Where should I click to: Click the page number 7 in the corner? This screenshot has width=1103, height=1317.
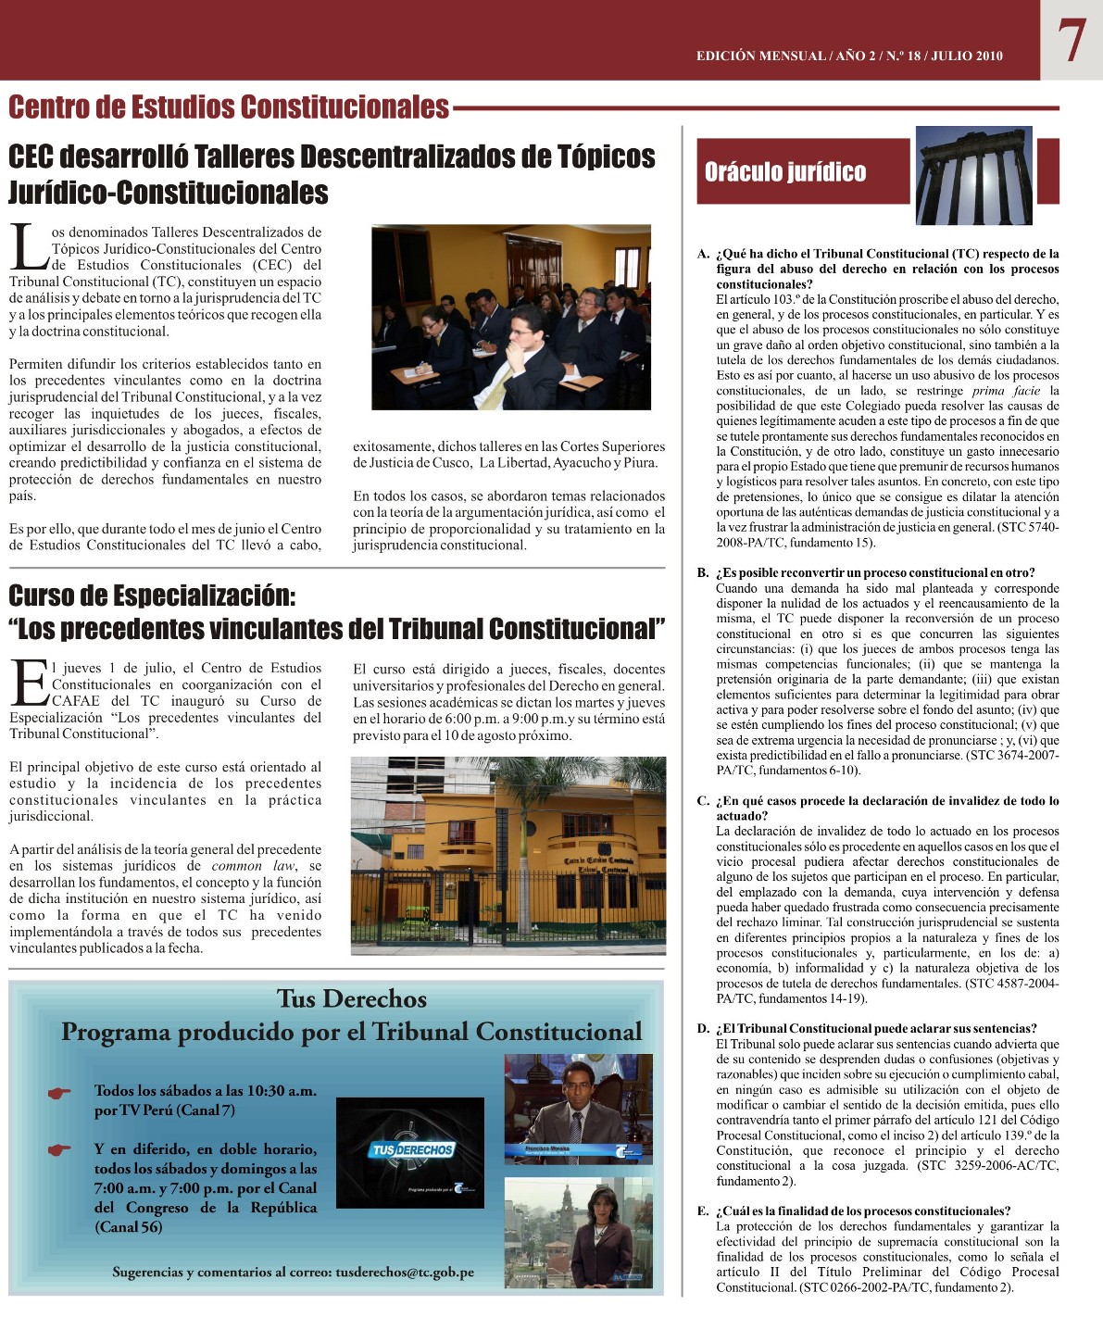1071,41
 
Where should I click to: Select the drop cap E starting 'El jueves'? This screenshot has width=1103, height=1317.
29,683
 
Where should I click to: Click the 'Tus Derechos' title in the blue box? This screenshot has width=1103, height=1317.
352,998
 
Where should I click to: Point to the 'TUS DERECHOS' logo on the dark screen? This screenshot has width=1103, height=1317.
412,1150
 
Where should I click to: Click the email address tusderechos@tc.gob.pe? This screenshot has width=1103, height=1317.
405,1273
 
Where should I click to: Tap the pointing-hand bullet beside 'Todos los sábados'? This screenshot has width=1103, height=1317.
60,1093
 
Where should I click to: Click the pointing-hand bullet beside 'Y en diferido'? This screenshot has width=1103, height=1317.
60,1150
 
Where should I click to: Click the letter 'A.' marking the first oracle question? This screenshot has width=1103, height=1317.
703,254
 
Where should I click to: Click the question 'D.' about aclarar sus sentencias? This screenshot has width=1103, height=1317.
875,1028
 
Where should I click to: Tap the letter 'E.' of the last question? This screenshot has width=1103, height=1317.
703,1210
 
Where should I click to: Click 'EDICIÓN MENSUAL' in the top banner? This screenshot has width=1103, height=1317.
760,56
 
